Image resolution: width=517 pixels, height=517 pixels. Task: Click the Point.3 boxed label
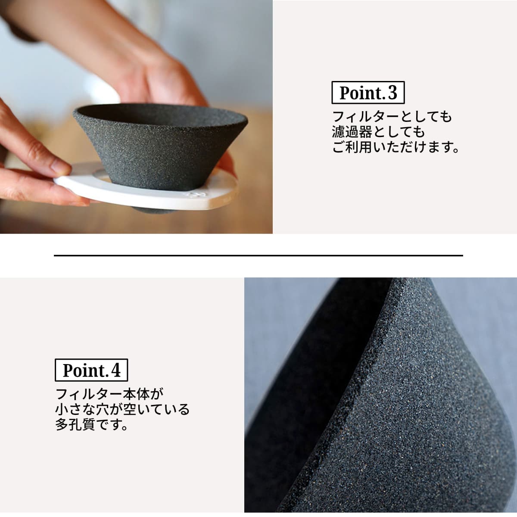tap(368, 93)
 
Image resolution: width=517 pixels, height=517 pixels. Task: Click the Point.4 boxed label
tap(91, 371)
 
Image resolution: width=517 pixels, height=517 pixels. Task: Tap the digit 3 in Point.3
tap(392, 93)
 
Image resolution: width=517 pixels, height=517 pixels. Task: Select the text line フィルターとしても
tap(392, 117)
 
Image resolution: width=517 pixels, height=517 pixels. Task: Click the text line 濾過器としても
tap(378, 132)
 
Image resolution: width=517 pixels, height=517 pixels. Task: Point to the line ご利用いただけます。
tap(396, 147)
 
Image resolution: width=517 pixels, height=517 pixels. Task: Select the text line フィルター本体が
tap(110, 394)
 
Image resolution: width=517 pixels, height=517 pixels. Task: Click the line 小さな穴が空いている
tap(122, 409)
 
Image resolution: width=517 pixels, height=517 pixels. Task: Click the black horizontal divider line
tap(258, 255)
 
